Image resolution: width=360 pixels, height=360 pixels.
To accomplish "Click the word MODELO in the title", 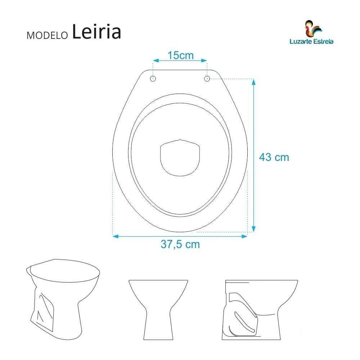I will click(x=47, y=36).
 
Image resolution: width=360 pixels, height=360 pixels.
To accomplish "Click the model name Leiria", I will click(x=96, y=32).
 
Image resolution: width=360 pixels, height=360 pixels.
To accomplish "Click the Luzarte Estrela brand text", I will click(x=311, y=41).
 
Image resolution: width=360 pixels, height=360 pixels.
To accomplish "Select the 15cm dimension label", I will click(x=180, y=56).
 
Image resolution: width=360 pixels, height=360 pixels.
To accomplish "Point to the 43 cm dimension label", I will click(x=274, y=157).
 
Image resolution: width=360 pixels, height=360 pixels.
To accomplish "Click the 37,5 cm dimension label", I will click(x=180, y=244).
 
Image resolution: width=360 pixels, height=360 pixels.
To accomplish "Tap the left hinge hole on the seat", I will click(x=153, y=78).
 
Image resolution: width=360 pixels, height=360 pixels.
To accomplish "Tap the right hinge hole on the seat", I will click(x=207, y=78).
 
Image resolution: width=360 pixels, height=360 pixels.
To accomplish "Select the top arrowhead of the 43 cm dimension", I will click(x=253, y=82).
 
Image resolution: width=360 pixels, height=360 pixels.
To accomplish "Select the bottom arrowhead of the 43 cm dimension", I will click(x=253, y=229).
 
